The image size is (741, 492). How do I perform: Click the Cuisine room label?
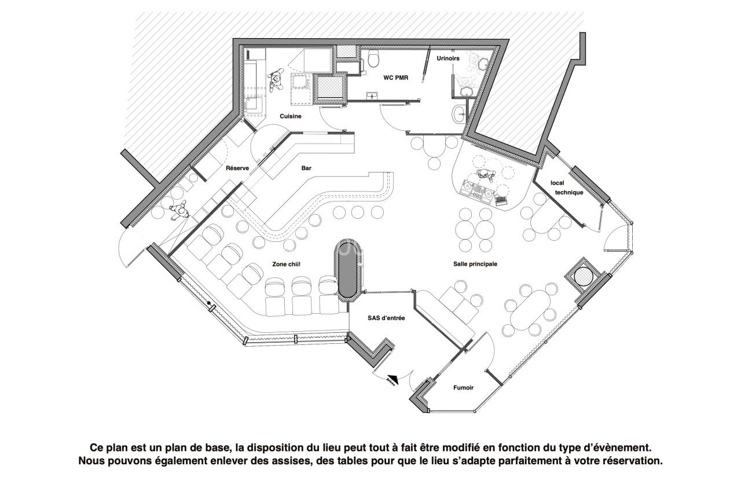(291, 116)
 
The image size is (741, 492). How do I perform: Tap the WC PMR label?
(396, 77)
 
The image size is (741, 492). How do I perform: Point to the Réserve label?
(237, 168)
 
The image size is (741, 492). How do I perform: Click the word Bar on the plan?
(306, 168)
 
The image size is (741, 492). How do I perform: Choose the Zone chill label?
(286, 264)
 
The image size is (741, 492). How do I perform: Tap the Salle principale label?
(475, 264)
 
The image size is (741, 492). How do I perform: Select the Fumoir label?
(463, 388)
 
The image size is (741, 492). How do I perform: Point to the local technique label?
(566, 188)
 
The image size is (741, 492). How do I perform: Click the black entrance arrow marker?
(392, 377)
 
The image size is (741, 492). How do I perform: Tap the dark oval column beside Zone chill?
(348, 269)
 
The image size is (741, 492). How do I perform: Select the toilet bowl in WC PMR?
(373, 58)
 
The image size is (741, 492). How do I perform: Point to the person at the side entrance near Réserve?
(179, 211)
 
